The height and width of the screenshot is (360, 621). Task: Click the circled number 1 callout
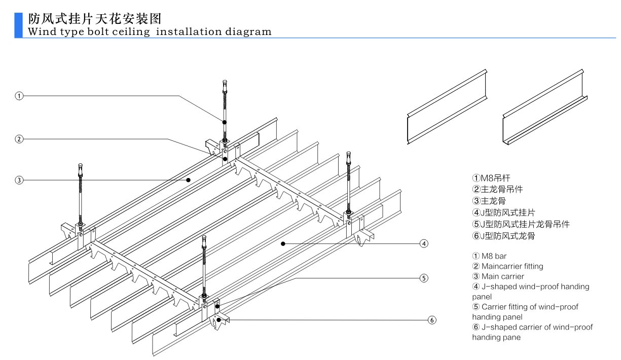[x=19, y=95]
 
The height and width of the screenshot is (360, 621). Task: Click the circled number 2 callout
[x=19, y=139]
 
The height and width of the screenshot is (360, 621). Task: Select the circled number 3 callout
[x=19, y=179]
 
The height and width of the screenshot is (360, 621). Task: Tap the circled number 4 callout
[x=424, y=244]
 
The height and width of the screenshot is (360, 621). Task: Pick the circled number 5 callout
[x=424, y=277]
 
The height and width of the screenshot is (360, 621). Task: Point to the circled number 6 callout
[x=431, y=320]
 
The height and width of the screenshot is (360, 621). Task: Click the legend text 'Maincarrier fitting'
[x=512, y=266]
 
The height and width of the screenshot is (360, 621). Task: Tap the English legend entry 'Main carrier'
[x=502, y=276]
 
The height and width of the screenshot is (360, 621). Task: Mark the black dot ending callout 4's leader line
[x=282, y=244]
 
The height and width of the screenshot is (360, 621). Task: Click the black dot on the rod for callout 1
[x=224, y=122]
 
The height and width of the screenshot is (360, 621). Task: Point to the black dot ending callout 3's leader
[x=188, y=179]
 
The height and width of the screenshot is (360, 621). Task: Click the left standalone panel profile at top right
[x=446, y=107]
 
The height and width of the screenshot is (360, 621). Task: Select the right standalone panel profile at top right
[x=544, y=108]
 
